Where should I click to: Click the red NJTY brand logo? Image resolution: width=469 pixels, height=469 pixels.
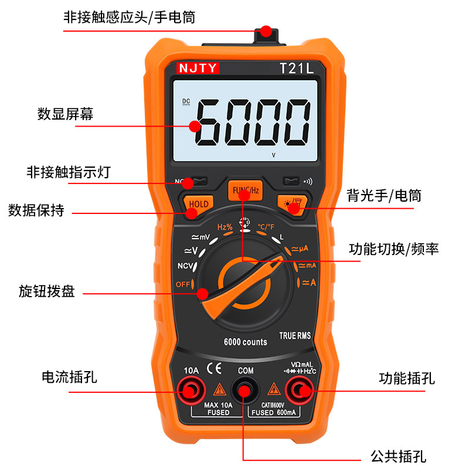tap(198, 68)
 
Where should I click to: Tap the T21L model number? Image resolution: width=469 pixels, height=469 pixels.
tap(297, 69)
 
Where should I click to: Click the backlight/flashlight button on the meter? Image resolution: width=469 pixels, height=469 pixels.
tap(292, 204)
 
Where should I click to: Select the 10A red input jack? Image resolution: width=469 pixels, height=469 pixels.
tap(191, 390)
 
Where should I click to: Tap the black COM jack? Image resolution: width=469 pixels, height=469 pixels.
tap(244, 390)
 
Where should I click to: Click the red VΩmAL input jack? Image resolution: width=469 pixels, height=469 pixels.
tap(299, 390)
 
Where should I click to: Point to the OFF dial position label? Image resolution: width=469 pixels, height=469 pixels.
tap(183, 284)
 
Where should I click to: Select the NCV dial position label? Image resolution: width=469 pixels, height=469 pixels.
tap(185, 266)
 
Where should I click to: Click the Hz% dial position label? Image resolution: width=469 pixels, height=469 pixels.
tap(225, 227)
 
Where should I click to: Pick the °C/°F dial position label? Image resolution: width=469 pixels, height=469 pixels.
tap(266, 227)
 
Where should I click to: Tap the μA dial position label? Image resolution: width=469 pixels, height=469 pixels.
tap(300, 249)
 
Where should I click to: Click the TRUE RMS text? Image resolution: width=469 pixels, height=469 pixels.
tap(295, 335)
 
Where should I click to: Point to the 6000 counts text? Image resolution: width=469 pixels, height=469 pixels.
tap(245, 342)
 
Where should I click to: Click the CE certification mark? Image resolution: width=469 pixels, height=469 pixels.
tap(214, 368)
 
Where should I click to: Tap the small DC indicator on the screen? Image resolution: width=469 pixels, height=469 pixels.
tap(186, 101)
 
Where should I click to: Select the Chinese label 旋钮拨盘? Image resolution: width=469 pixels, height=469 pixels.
tap(47, 291)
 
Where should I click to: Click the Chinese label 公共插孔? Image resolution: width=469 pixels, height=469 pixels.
tap(399, 457)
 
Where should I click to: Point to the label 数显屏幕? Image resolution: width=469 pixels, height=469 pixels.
tap(65, 114)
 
